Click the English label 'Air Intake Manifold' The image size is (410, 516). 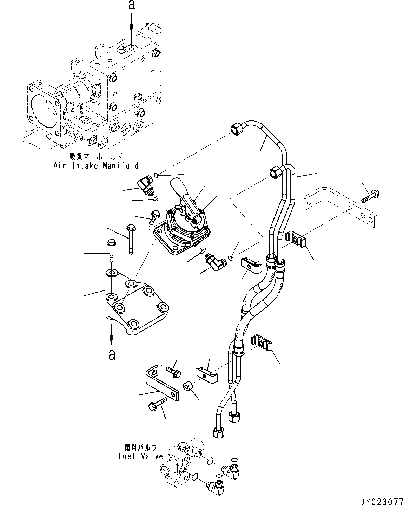pos(96,165)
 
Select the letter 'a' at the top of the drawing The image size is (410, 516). pos(132,5)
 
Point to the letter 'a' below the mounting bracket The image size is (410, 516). pos(112,354)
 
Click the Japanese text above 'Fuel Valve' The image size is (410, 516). pos(140,447)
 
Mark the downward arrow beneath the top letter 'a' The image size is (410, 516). pos(132,25)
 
